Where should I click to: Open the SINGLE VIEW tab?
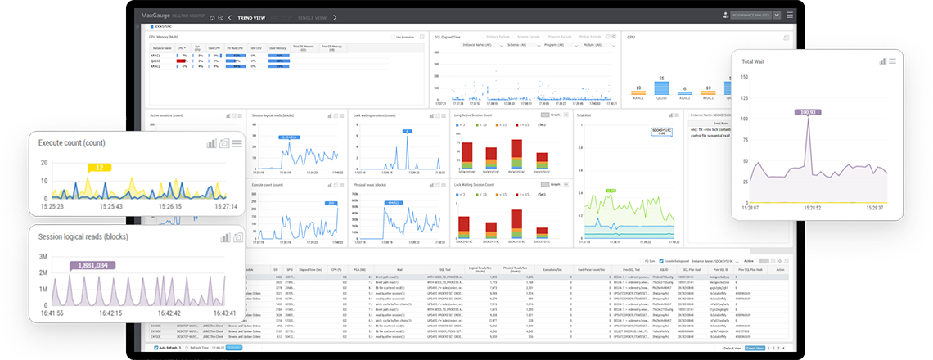coord(311,16)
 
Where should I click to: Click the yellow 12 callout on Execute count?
coord(98,168)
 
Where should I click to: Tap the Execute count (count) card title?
coord(72,142)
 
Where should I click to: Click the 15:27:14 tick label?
coord(221,206)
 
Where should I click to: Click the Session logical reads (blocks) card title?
coord(83,236)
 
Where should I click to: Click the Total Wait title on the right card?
coord(758,61)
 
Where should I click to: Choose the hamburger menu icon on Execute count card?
coord(237,143)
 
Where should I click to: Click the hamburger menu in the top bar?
coord(789,16)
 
